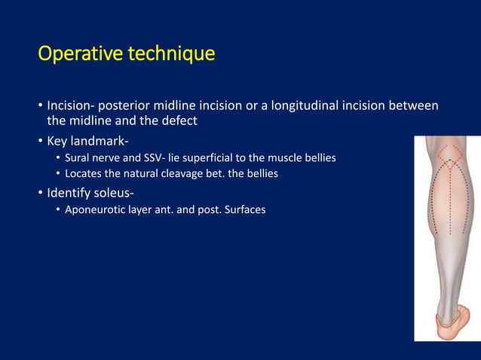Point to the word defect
pyautogui.click(x=177, y=121)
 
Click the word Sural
pyautogui.click(x=78, y=158)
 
